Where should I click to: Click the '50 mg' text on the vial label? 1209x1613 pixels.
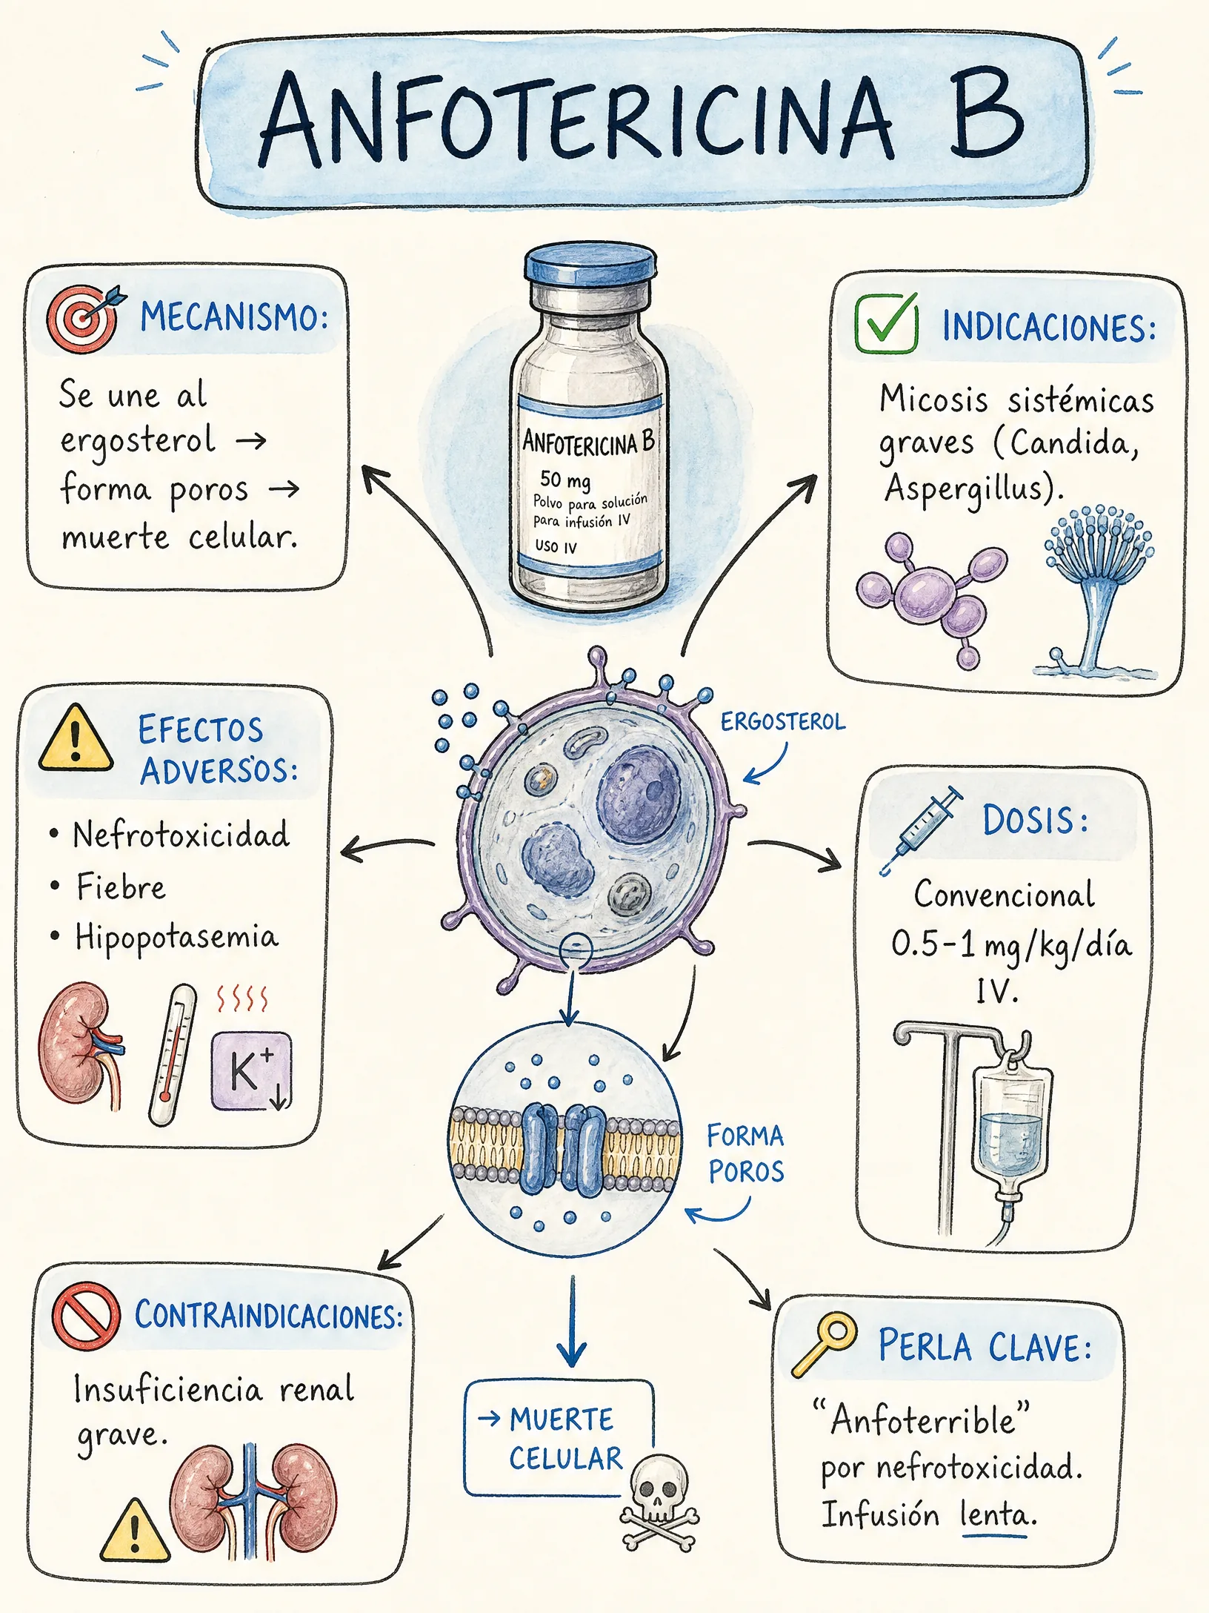(565, 480)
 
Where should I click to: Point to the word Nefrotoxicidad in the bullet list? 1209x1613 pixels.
(181, 835)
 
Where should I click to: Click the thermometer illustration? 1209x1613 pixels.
(173, 1054)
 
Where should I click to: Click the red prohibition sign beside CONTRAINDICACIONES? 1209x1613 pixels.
(86, 1316)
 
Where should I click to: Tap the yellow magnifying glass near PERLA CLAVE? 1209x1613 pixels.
(824, 1344)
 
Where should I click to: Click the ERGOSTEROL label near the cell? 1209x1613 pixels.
(783, 721)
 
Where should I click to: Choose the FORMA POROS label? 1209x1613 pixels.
(745, 1153)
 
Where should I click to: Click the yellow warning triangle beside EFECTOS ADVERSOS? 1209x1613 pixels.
(76, 738)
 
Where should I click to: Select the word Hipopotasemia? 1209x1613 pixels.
(177, 938)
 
